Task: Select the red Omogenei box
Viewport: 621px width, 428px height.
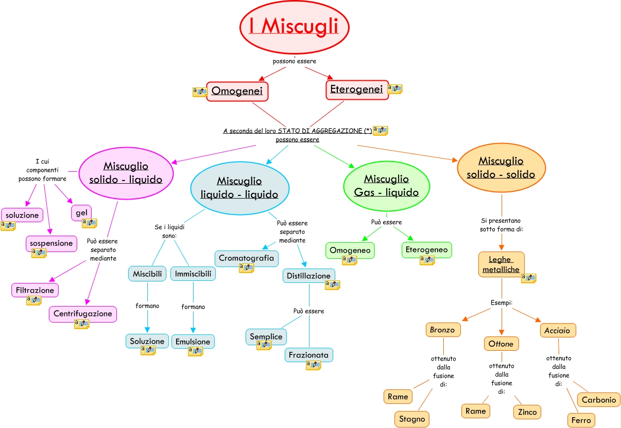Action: (x=237, y=91)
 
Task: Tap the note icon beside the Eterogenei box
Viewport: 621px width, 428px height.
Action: (x=395, y=89)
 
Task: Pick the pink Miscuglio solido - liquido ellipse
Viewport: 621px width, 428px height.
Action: (x=126, y=172)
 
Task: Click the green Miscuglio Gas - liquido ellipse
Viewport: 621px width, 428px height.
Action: (x=386, y=186)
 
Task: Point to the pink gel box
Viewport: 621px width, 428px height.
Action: (x=81, y=212)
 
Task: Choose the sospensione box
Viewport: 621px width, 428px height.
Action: (x=51, y=243)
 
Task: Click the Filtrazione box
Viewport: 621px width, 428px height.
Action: (x=35, y=290)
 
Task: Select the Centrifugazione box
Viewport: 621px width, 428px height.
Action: (x=83, y=313)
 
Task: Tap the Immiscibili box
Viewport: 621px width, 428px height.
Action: (x=193, y=274)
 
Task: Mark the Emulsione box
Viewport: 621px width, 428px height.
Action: (x=193, y=342)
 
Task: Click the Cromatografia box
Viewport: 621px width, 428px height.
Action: (x=246, y=258)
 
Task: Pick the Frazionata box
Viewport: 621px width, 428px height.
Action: (x=309, y=355)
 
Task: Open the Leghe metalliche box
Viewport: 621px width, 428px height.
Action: (x=501, y=264)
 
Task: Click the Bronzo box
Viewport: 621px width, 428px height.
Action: (x=443, y=330)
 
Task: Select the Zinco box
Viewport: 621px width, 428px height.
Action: (x=527, y=412)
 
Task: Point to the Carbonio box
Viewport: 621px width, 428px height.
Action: (x=599, y=400)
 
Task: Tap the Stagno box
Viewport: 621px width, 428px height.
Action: (x=412, y=419)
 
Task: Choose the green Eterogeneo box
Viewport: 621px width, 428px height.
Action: (x=426, y=249)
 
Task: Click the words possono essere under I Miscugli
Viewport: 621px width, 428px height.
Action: (x=295, y=61)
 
